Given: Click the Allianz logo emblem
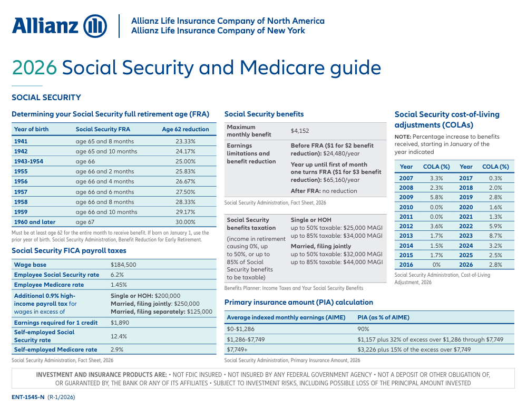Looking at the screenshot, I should pos(95,26).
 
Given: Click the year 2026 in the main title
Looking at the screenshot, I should pos(34,68).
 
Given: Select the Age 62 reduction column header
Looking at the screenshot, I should pos(186,129).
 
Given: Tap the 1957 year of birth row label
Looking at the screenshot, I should pos(22,192).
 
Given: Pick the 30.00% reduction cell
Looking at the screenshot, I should pos(186,222).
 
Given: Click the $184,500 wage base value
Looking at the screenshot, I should pos(123,265).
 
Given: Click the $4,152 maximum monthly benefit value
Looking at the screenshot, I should pos(300,131).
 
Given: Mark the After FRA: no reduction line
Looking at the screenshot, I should pos(324,191).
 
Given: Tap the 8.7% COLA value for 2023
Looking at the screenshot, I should pos(496,236).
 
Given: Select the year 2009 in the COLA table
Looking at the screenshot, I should pos(406,197).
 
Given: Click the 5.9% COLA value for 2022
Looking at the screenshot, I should pos(496,226).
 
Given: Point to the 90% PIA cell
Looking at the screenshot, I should pos(363,329).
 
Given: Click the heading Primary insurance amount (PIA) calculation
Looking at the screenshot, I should pos(298,302).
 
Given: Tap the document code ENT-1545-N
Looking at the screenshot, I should pos(28,397).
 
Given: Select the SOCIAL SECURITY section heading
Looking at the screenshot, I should pos(46,98).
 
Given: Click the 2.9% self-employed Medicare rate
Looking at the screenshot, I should pos(117,349).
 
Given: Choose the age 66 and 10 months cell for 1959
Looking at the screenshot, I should pos(106,212).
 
